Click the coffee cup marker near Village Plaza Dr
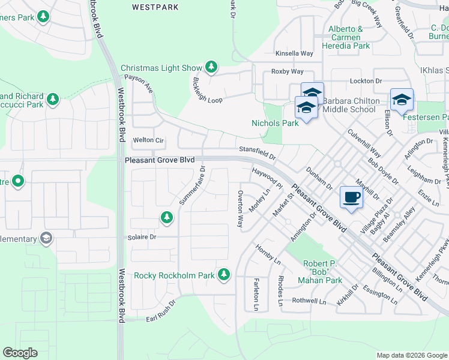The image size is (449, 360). pos(351,197)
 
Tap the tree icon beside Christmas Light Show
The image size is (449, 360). pos(211,67)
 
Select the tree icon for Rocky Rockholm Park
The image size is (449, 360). pos(224,275)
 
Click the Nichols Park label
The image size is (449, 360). pos(274,123)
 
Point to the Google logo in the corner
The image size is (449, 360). pos(20,353)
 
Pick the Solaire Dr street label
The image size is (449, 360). pos(142,237)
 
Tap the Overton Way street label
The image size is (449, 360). pos(240,209)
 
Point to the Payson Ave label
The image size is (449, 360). pos(139,83)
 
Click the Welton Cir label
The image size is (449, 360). pos(148,140)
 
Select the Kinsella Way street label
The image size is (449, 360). pos(294,53)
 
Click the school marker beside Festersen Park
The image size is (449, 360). pos(402,99)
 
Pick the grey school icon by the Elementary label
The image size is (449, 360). pos(46,238)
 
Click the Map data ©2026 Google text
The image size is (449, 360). pos(412,355)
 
